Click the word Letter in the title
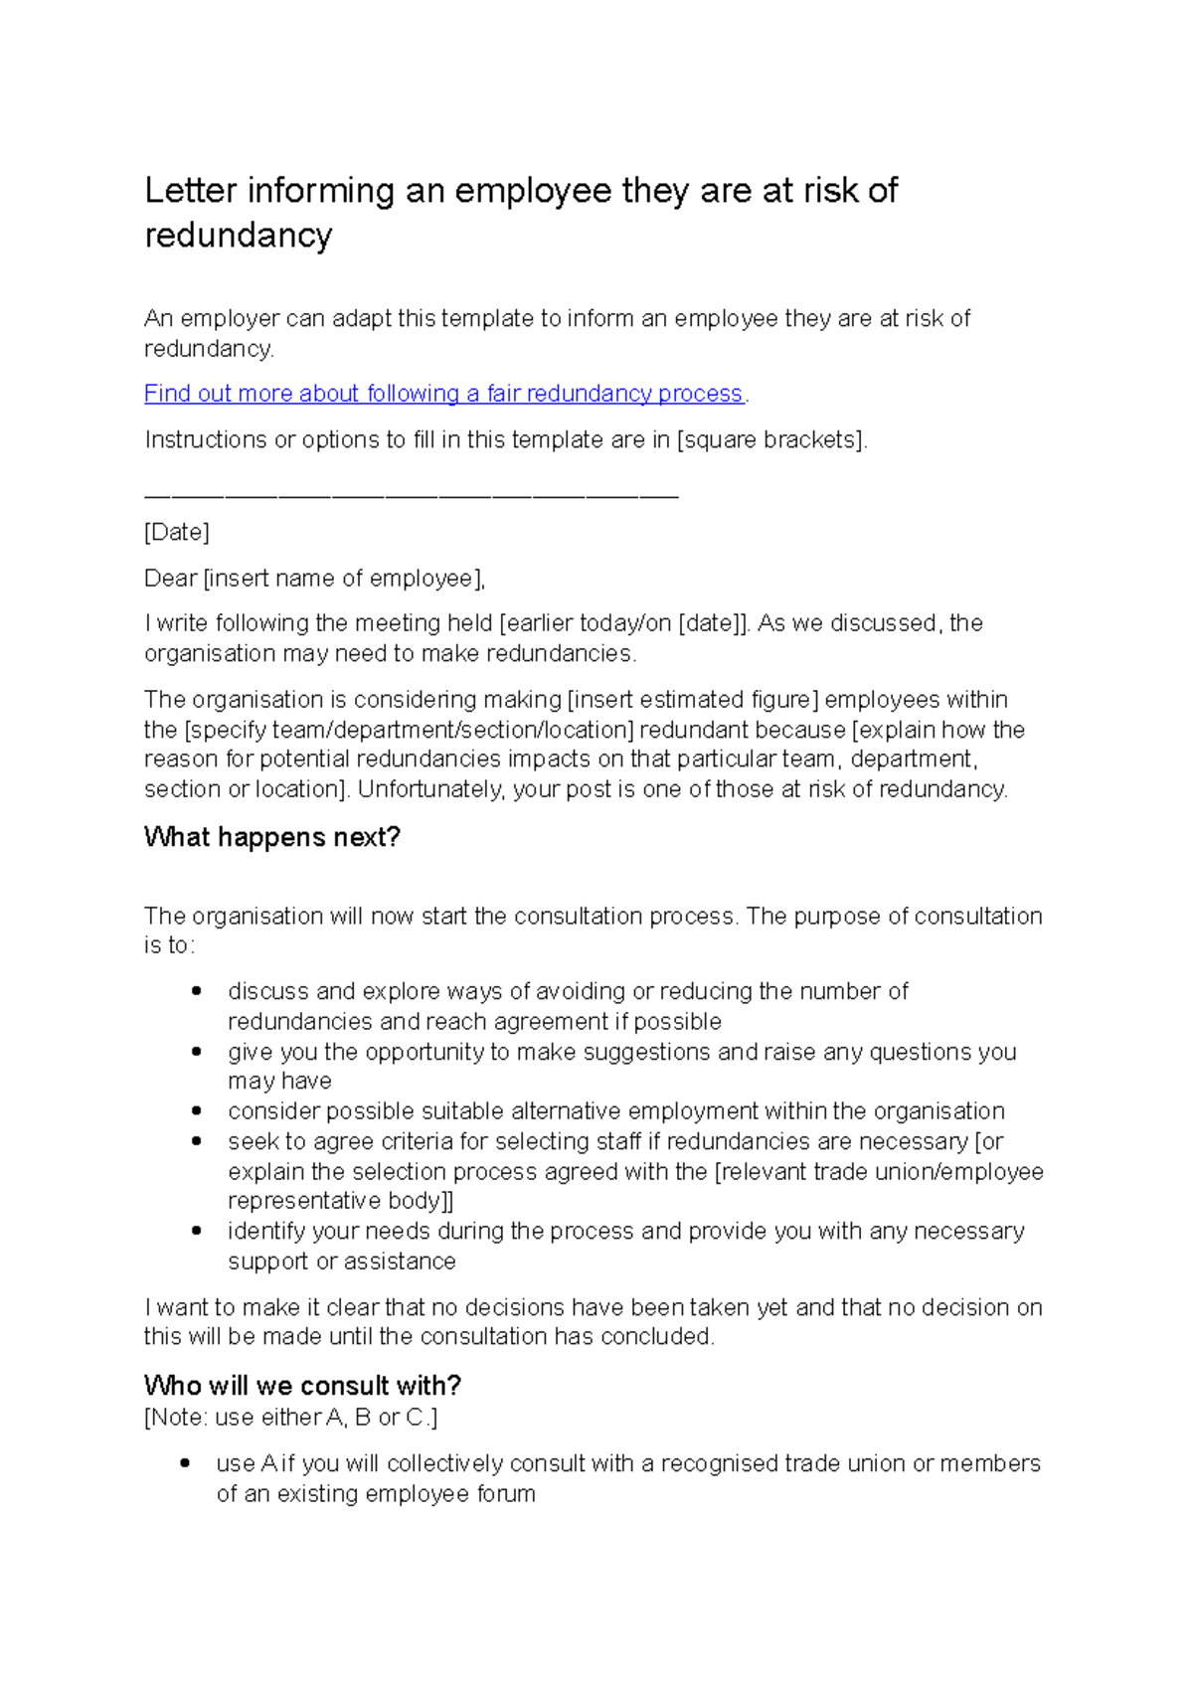tap(190, 191)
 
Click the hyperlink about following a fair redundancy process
tap(443, 394)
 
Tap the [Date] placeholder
tap(177, 533)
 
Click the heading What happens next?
tap(271, 837)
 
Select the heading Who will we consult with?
tap(302, 1385)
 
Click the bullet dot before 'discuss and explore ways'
tap(197, 991)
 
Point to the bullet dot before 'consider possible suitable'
tap(197, 1110)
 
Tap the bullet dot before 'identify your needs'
tap(197, 1231)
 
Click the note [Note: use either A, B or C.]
tap(290, 1417)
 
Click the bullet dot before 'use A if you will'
tap(186, 1463)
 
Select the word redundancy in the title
tap(239, 237)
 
